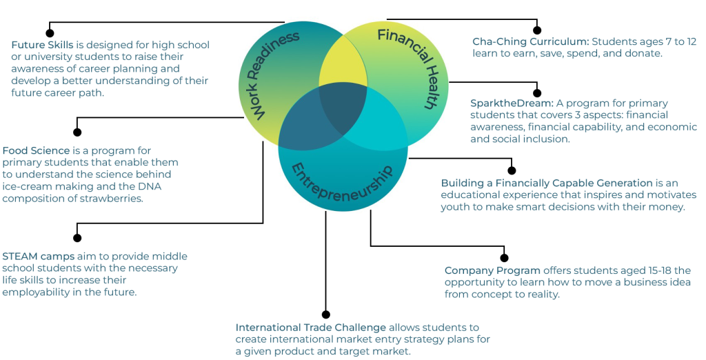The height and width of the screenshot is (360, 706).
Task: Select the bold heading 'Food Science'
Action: [x=36, y=150]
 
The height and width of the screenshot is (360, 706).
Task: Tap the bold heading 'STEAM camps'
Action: [x=38, y=257]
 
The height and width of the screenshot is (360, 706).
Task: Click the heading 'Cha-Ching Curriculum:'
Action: [x=530, y=41]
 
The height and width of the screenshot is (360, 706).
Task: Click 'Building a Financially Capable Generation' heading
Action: [x=547, y=183]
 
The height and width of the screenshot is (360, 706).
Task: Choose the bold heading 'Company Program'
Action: [x=492, y=270]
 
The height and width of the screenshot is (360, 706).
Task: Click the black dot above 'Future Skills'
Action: [x=50, y=32]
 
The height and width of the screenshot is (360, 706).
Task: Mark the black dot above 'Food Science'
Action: [x=77, y=132]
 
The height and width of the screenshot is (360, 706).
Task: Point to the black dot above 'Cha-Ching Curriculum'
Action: [x=536, y=30]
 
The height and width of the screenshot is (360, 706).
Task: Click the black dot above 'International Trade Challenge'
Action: [x=326, y=314]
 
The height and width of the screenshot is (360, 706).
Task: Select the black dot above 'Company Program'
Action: [x=504, y=258]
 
